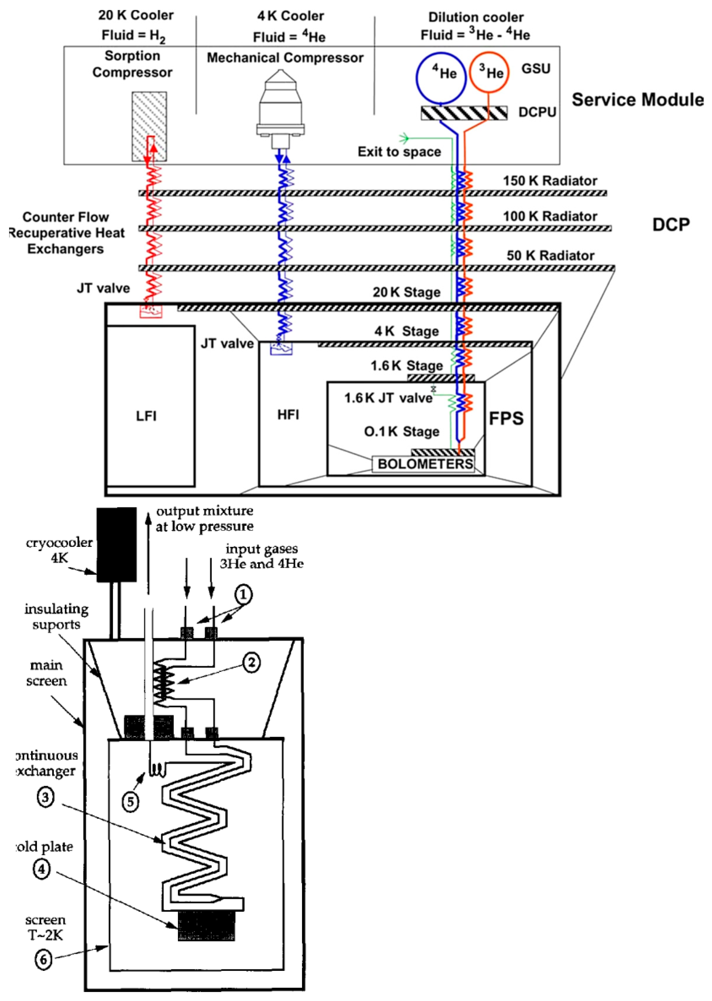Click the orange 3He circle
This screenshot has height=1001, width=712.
489,72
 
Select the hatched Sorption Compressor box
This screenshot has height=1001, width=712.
150,126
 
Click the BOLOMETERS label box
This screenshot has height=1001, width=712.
424,464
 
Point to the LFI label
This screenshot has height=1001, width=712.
146,416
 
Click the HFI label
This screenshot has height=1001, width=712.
288,415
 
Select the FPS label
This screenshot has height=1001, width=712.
506,418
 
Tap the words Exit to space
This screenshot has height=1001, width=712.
399,152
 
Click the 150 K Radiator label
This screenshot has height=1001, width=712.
550,181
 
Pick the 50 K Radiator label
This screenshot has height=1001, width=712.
550,255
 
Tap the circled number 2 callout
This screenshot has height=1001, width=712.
251,662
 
